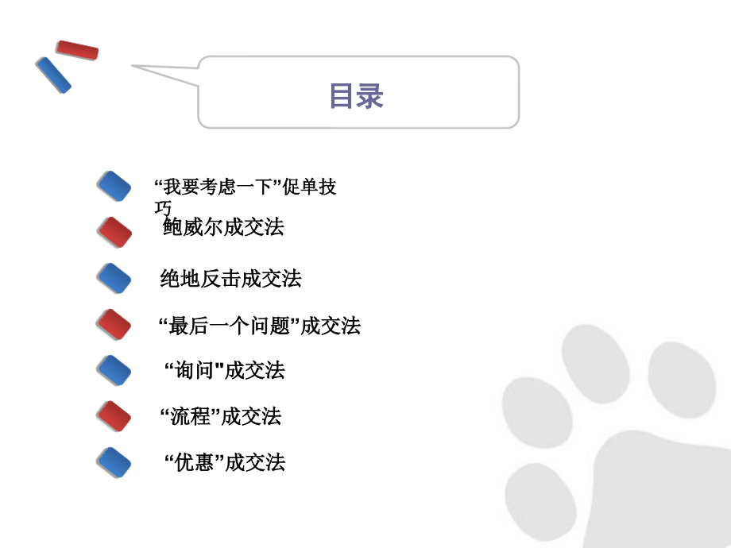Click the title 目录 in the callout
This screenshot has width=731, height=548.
(x=357, y=95)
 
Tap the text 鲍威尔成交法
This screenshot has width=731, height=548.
(x=223, y=228)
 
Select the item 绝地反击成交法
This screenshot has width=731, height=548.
(x=230, y=279)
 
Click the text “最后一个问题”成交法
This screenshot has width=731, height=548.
(x=260, y=325)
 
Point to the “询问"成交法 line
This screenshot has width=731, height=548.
(x=224, y=370)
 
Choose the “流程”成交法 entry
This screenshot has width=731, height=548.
(x=221, y=416)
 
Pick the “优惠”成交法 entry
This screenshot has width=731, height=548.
(x=224, y=462)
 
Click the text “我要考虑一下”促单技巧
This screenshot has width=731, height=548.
(x=246, y=188)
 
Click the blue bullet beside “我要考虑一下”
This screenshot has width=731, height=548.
(x=114, y=186)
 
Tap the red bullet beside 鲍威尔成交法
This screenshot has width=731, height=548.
(x=114, y=232)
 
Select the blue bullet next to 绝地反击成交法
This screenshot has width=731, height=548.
(x=114, y=278)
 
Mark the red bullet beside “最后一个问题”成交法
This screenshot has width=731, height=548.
(x=114, y=324)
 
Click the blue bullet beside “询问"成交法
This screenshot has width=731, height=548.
(x=114, y=370)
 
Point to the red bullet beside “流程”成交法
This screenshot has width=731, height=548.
(x=114, y=416)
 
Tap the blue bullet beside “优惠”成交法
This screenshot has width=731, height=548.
(x=114, y=462)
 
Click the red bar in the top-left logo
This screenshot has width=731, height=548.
(x=77, y=50)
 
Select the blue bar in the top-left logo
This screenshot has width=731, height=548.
(x=53, y=75)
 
